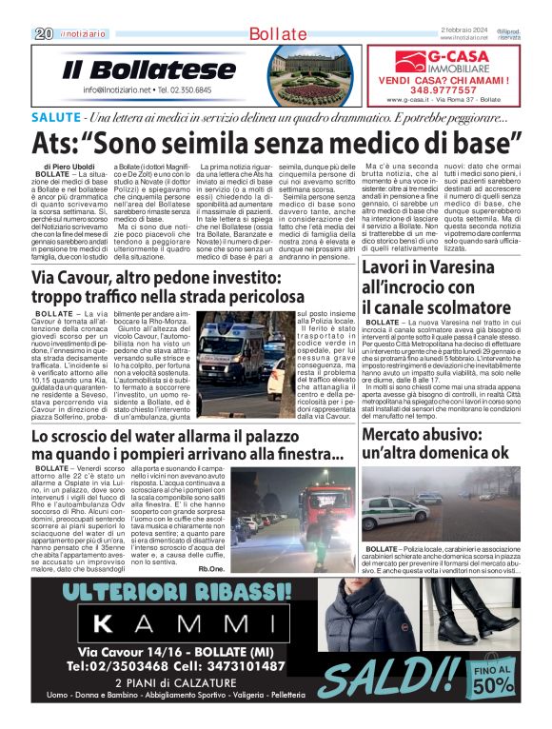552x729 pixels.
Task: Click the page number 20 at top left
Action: pyautogui.click(x=44, y=33)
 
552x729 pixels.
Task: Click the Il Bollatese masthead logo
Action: pyautogui.click(x=148, y=70)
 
